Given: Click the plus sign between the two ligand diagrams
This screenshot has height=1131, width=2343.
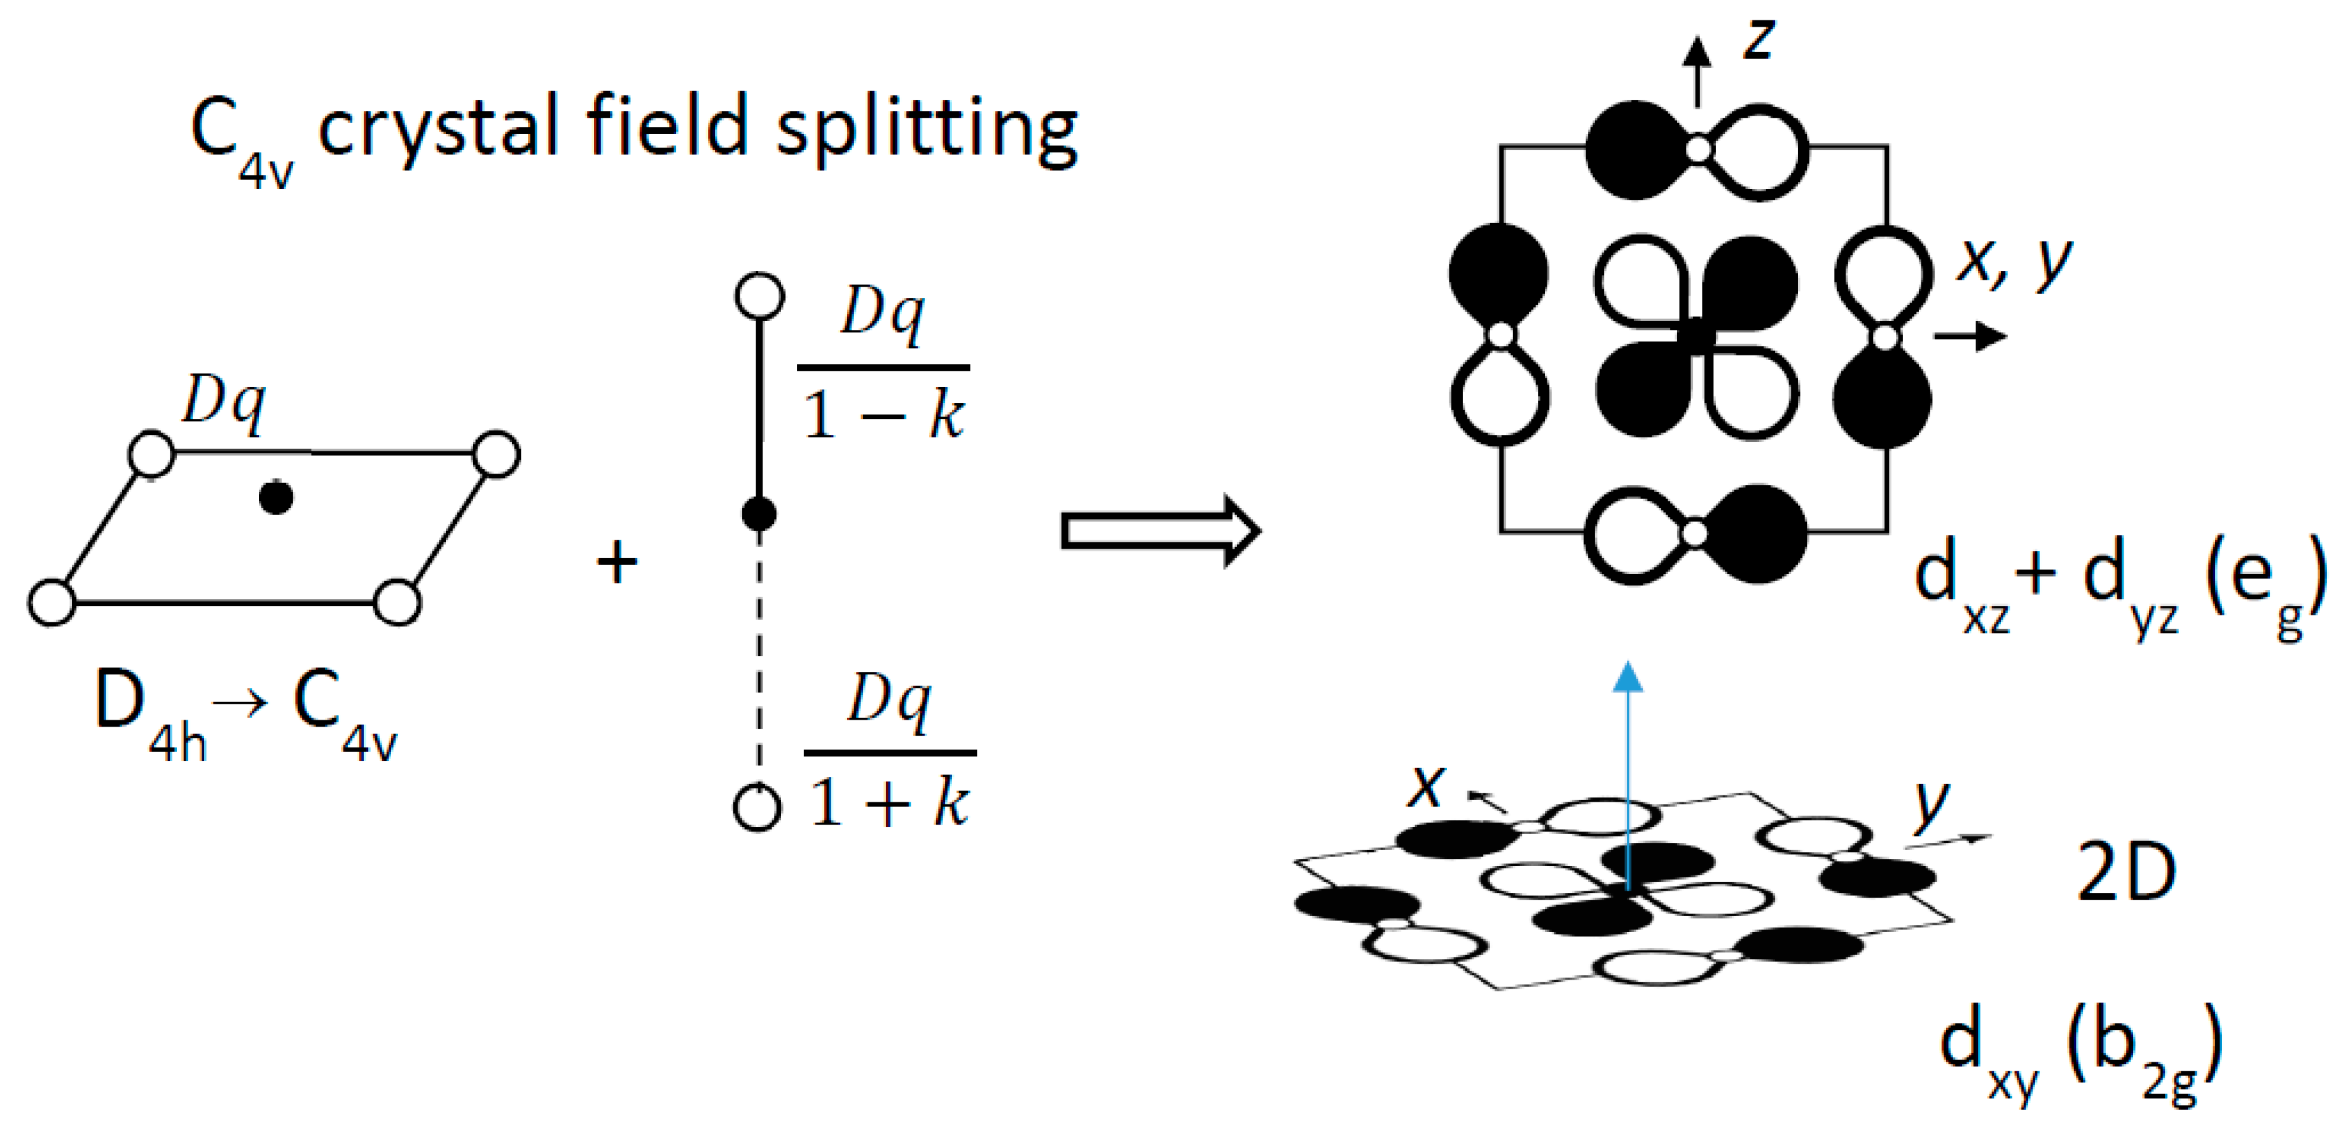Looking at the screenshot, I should pos(617,562).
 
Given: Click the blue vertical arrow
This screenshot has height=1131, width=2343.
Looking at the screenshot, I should pos(1627,782).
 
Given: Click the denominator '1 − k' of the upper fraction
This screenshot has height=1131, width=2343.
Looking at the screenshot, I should pos(882,416).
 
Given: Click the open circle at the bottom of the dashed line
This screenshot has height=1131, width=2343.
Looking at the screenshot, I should pos(757,807).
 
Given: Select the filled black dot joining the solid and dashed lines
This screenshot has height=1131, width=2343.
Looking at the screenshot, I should pos(759,514).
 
